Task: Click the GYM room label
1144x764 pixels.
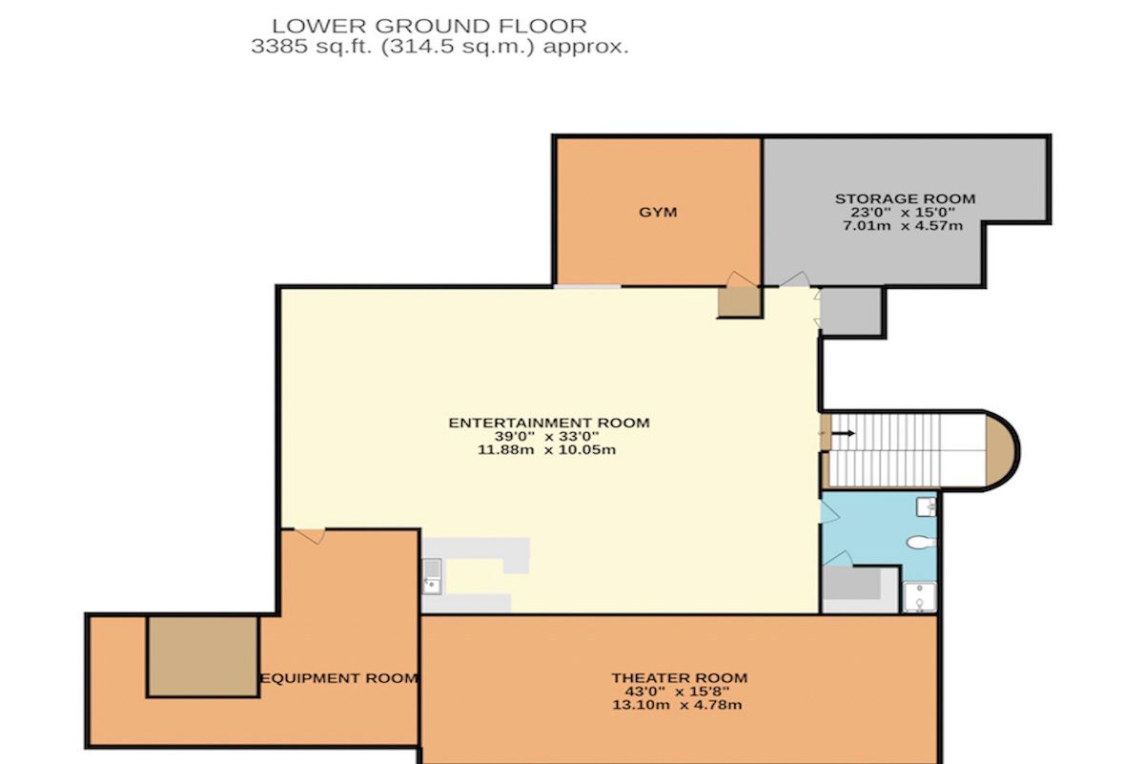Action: click(658, 212)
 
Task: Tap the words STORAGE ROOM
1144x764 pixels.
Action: click(905, 198)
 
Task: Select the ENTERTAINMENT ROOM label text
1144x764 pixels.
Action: click(549, 423)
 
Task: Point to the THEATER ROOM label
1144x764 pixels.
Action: click(679, 677)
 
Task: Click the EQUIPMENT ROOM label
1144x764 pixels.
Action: click(339, 678)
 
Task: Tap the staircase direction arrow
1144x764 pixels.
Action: click(843, 433)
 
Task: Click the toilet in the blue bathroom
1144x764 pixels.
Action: click(922, 542)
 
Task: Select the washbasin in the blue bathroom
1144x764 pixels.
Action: click(926, 507)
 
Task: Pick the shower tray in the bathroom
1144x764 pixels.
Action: click(919, 597)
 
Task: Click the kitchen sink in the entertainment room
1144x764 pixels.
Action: click(432, 576)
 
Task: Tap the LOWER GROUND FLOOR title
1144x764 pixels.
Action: click(430, 26)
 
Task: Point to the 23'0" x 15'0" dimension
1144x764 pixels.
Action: click(903, 212)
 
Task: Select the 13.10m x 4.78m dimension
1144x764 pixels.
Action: click(677, 705)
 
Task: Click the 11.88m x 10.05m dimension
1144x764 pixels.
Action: click(547, 449)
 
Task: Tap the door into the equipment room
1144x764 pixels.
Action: click(310, 536)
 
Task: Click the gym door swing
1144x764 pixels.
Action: click(741, 279)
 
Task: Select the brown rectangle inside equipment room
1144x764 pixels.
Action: click(203, 656)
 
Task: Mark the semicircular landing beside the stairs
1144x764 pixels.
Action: click(1002, 450)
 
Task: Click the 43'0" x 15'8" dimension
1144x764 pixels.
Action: click(677, 692)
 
